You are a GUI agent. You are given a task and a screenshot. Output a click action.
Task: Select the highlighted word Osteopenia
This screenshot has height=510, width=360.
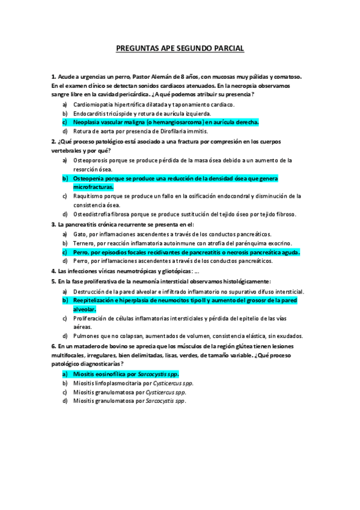[x=90, y=179]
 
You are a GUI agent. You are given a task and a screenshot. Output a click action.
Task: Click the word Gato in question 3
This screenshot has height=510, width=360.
[x=79, y=234]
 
